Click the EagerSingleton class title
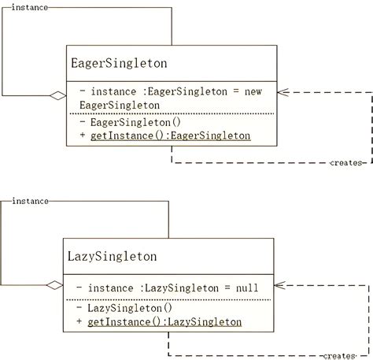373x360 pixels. tap(119, 62)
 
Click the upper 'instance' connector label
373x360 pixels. tap(29, 6)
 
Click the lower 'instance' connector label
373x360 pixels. tap(29, 201)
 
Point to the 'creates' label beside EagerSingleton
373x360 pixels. tap(345, 163)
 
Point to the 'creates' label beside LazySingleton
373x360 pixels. tap(339, 356)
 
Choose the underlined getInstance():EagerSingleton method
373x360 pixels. tap(172, 136)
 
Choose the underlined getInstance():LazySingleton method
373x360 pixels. tap(165, 322)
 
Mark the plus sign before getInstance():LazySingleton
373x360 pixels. tap(79, 322)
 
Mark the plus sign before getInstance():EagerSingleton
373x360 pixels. tap(83, 136)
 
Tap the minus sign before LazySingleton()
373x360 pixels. tap(79, 308)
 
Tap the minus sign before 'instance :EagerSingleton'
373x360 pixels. tap(83, 92)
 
